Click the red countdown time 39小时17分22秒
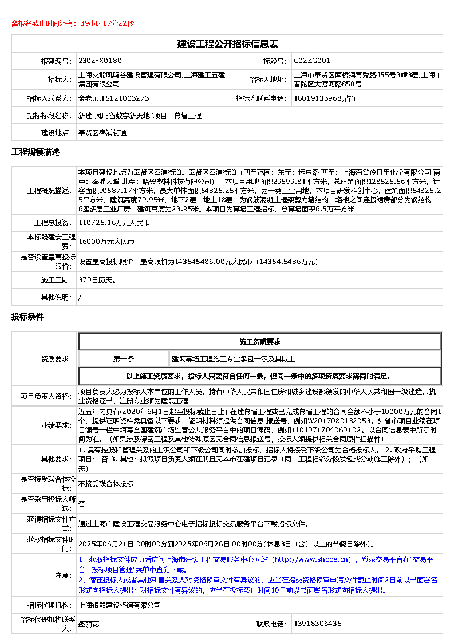pyautogui.click(x=107, y=23)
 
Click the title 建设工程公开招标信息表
pyautogui.click(x=227, y=44)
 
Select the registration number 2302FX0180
pyautogui.click(x=100, y=60)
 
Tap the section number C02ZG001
pyautogui.click(x=312, y=60)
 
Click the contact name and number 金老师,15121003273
pyautogui.click(x=113, y=98)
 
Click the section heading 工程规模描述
pyautogui.click(x=35, y=152)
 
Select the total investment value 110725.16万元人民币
pyautogui.click(x=114, y=223)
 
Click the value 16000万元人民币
pyautogui.click(x=106, y=242)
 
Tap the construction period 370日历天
pyautogui.click(x=97, y=280)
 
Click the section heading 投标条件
pyautogui.click(x=27, y=317)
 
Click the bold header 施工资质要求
pyautogui.click(x=259, y=342)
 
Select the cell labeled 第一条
pyautogui.click(x=124, y=359)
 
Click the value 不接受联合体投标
pyautogui.click(x=106, y=484)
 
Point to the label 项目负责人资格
pyautogui.click(x=46, y=396)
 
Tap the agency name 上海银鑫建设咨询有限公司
pyautogui.click(x=119, y=605)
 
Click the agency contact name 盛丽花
pyautogui.click(x=89, y=624)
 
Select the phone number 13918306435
pyautogui.click(x=317, y=624)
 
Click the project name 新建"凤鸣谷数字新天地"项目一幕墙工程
pyautogui.click(x=140, y=116)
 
